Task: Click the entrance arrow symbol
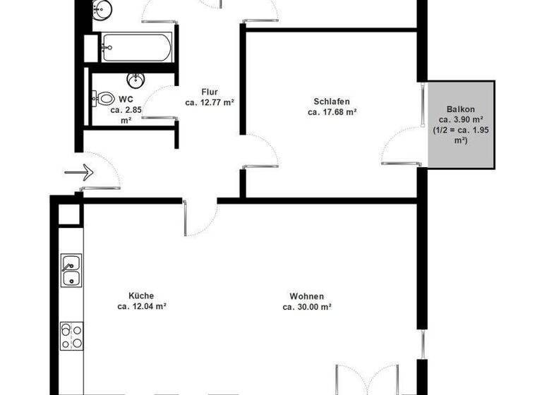pyautogui.click(x=79, y=171)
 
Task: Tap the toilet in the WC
pyautogui.click(x=104, y=99)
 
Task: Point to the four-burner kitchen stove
pyautogui.click(x=71, y=336)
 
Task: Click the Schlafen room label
pyautogui.click(x=331, y=102)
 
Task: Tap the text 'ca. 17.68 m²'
pyautogui.click(x=332, y=111)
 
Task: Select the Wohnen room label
pyautogui.click(x=307, y=296)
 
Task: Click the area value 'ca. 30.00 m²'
pyautogui.click(x=307, y=307)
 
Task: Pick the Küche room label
pyautogui.click(x=141, y=296)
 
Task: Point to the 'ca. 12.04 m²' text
pyautogui.click(x=142, y=306)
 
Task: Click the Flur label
pyautogui.click(x=210, y=92)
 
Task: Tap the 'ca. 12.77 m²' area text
pyautogui.click(x=210, y=102)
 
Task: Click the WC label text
pyautogui.click(x=126, y=99)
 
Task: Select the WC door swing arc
pyautogui.click(x=157, y=101)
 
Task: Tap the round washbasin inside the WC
pyautogui.click(x=135, y=79)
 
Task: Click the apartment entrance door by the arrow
pyautogui.click(x=100, y=174)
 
